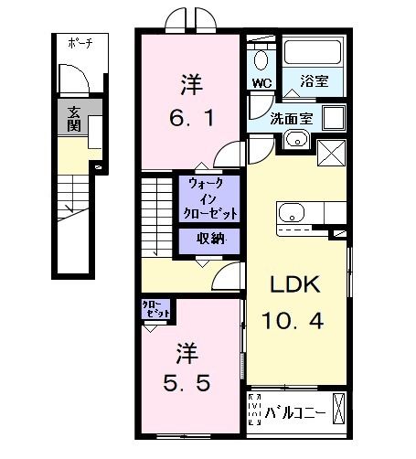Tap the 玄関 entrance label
(71, 117)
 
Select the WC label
(261, 82)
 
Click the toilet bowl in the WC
(262, 59)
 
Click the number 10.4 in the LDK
(293, 322)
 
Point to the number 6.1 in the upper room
(190, 120)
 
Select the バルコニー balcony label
(296, 410)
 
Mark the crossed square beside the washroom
(329, 153)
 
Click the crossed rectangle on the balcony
(340, 409)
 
